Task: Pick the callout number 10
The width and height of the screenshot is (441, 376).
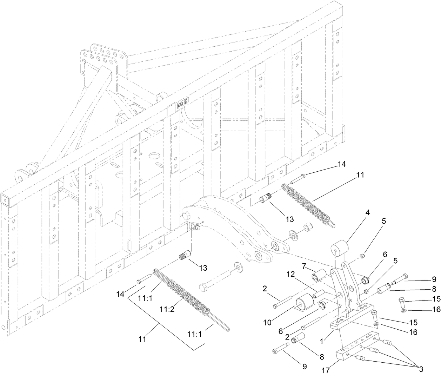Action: tap(267, 322)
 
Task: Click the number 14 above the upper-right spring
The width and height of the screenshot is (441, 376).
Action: tap(341, 164)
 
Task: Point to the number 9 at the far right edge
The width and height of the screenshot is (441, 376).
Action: tap(434, 279)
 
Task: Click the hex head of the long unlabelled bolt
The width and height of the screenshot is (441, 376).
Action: tap(204, 289)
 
